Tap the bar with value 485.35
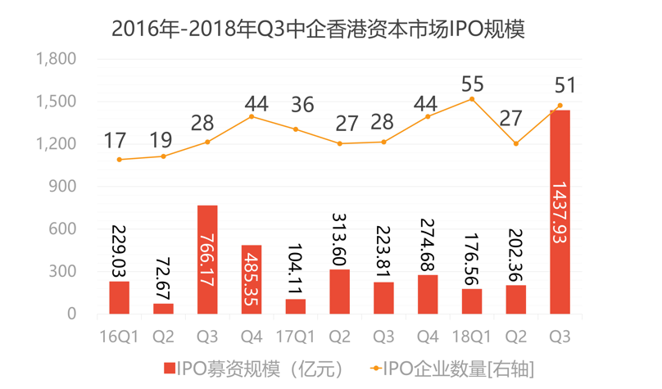(252, 278)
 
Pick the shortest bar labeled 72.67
(163, 308)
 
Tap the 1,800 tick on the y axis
(56, 59)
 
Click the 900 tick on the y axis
(62, 187)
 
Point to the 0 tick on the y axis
(70, 314)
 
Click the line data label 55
(472, 84)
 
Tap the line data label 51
(565, 84)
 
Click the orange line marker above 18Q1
(472, 99)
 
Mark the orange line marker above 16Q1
(119, 160)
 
